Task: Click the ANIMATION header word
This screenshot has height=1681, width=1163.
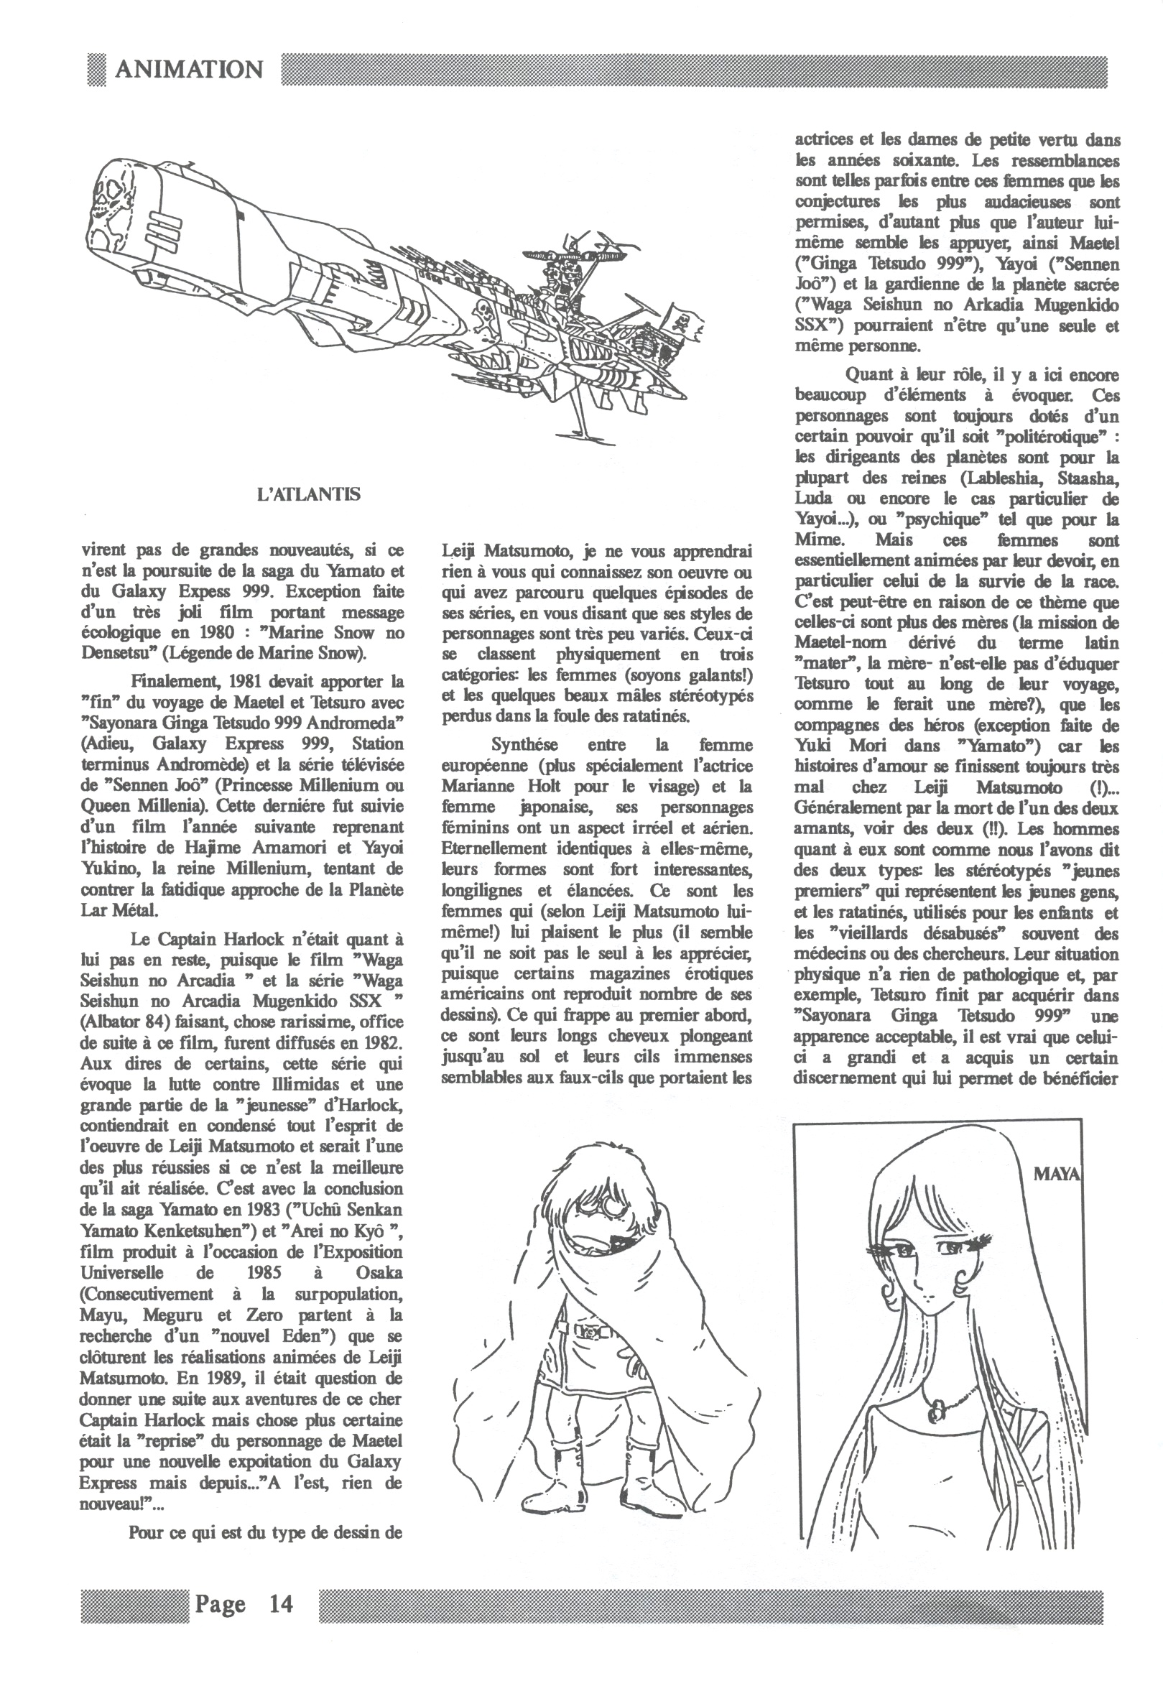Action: (189, 70)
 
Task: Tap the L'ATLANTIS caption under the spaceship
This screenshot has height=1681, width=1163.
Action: (309, 494)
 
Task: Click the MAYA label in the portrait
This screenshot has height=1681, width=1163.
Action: (1056, 1173)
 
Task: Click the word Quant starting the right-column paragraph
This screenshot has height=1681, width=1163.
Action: (869, 375)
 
